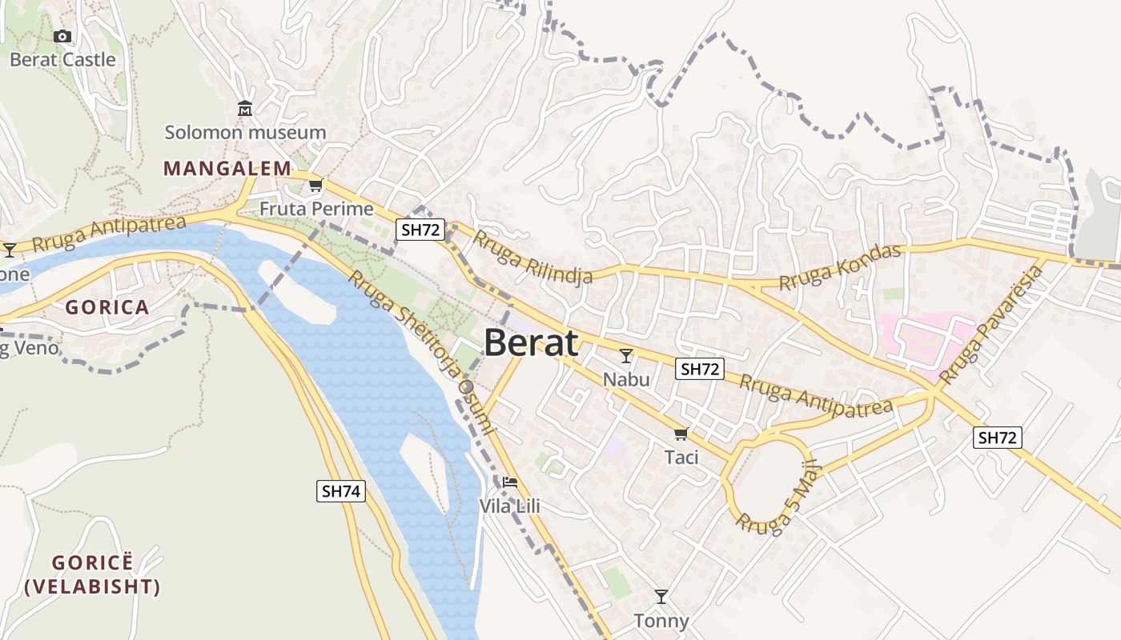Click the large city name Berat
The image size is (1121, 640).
coord(531,342)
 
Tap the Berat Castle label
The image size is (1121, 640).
coord(62,60)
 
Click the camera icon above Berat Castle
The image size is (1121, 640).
coord(62,36)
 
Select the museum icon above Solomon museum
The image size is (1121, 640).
coord(245,109)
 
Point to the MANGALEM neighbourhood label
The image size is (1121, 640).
coord(227,169)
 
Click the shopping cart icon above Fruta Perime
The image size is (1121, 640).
coord(316,186)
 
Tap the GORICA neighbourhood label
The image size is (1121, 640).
coord(107,307)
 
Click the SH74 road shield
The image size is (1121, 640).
coord(341,491)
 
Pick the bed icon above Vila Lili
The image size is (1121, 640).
coord(510,482)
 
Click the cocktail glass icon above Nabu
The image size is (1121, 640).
coord(626,356)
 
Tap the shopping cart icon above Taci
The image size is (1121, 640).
coord(681,434)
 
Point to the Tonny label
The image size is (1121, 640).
coord(661,621)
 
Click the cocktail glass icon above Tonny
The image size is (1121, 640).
coord(661,597)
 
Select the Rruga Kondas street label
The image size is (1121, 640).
coord(840,267)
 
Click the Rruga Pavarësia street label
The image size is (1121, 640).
coord(993,324)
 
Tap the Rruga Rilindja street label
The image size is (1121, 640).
coord(532,257)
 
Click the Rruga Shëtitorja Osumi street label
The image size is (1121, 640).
coord(423,352)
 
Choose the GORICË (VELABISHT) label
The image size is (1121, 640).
coord(92,574)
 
